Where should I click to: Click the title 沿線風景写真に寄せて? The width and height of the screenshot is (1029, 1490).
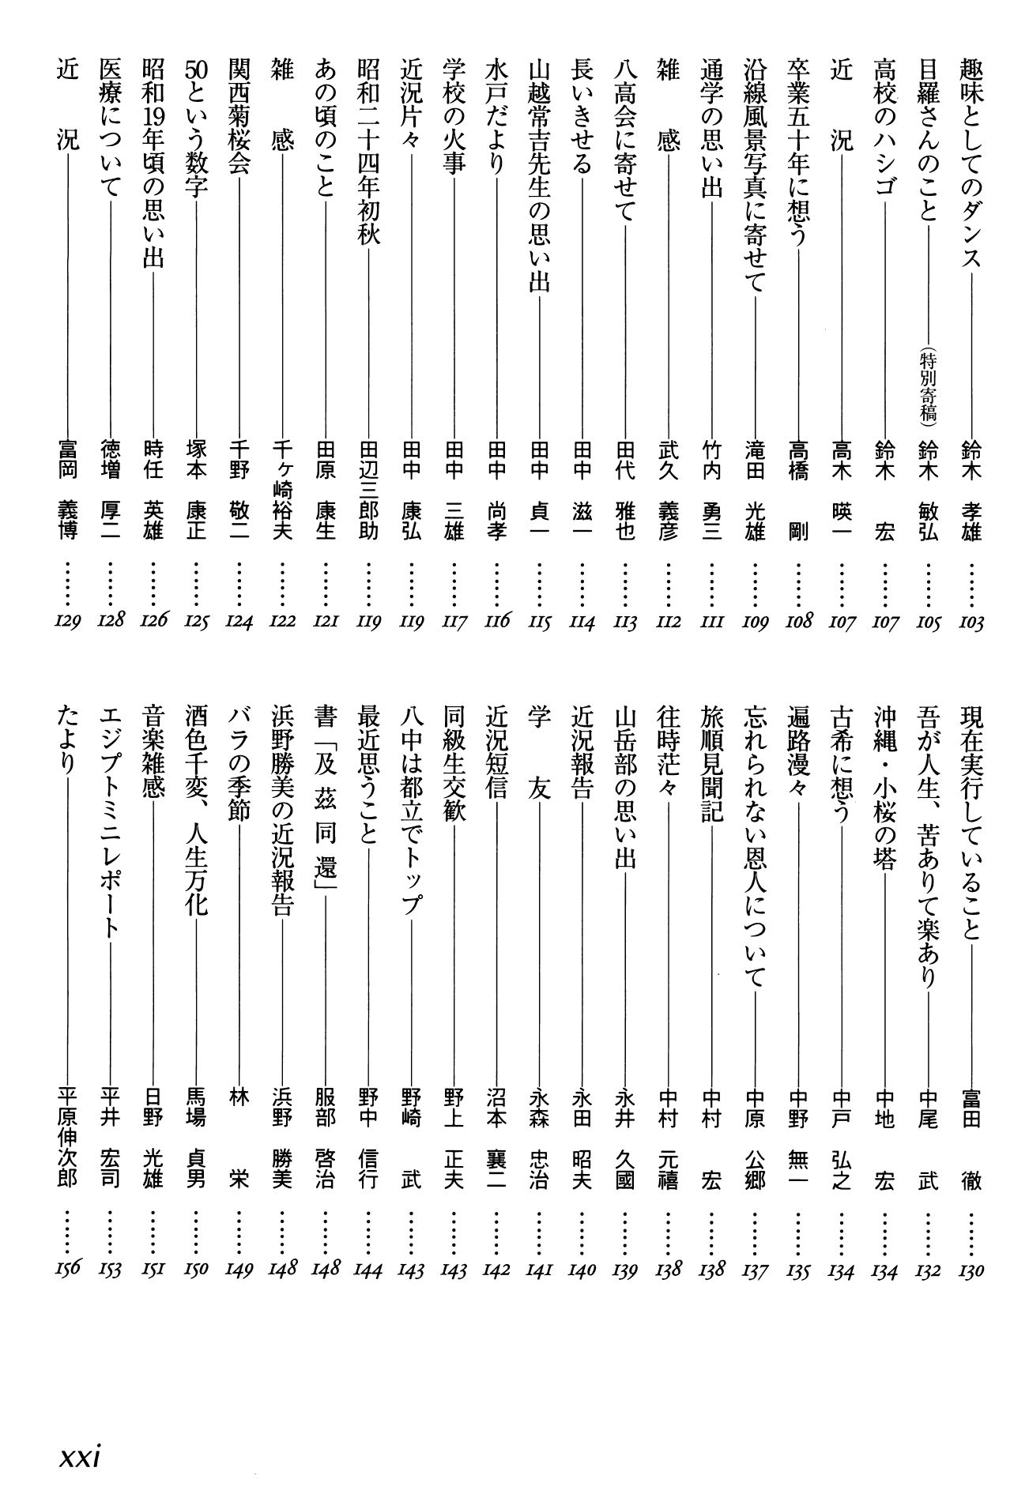pos(756,174)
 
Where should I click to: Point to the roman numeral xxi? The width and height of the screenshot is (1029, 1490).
pos(83,1455)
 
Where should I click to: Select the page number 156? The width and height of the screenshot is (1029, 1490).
pos(68,1271)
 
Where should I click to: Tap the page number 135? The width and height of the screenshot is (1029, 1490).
pos(798,1271)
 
